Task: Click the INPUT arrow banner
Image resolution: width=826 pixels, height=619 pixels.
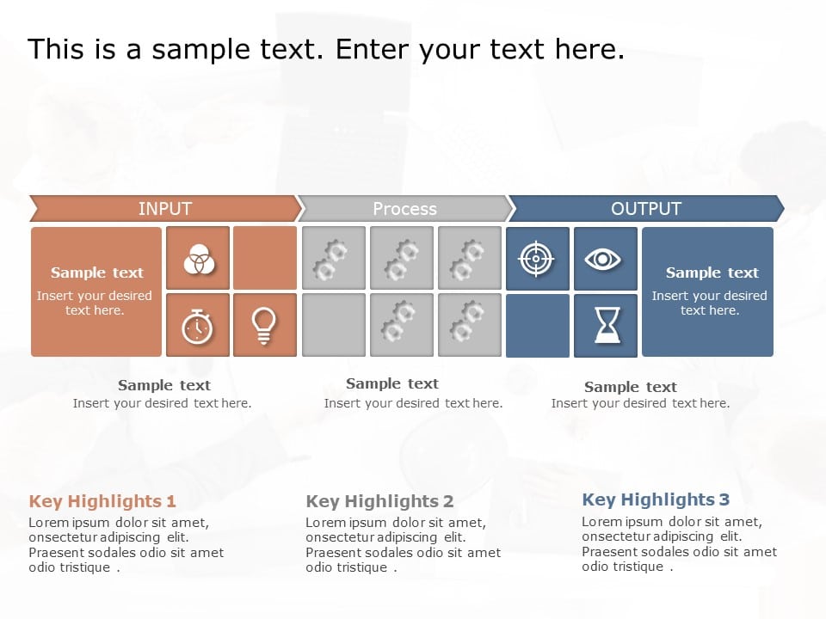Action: [164, 209]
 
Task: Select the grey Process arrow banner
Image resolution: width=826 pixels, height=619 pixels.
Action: [404, 209]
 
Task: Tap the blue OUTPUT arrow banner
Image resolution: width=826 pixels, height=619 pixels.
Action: [645, 209]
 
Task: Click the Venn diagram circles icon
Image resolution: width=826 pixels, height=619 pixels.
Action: [198, 258]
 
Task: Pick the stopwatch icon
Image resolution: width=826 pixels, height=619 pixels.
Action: [198, 326]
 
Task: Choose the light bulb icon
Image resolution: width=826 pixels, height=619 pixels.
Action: [265, 326]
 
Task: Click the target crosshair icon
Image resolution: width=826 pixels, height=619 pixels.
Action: [538, 259]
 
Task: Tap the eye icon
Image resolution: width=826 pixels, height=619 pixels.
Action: [605, 259]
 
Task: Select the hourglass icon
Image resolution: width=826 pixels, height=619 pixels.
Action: [606, 326]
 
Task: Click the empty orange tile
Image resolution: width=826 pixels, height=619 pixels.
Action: [265, 258]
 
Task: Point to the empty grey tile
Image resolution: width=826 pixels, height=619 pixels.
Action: [334, 325]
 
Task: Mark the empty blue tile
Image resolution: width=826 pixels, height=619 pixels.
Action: [538, 326]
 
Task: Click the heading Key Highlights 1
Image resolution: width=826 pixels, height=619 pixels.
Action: [102, 501]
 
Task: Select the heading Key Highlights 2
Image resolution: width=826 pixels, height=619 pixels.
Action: [379, 501]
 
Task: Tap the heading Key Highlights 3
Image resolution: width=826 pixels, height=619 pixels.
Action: [656, 499]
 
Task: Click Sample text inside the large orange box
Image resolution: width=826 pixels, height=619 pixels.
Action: [97, 273]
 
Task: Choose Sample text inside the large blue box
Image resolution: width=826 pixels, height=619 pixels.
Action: [712, 273]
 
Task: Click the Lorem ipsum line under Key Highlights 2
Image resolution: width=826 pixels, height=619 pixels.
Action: [396, 523]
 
